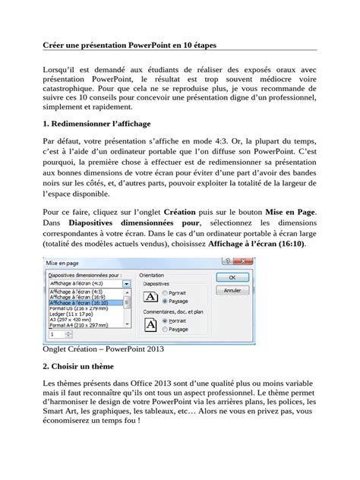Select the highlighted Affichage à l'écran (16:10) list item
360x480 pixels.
77,302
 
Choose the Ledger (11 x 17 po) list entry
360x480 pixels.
70,314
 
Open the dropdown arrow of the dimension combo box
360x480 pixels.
127,283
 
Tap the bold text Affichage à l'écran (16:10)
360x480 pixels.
258,245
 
